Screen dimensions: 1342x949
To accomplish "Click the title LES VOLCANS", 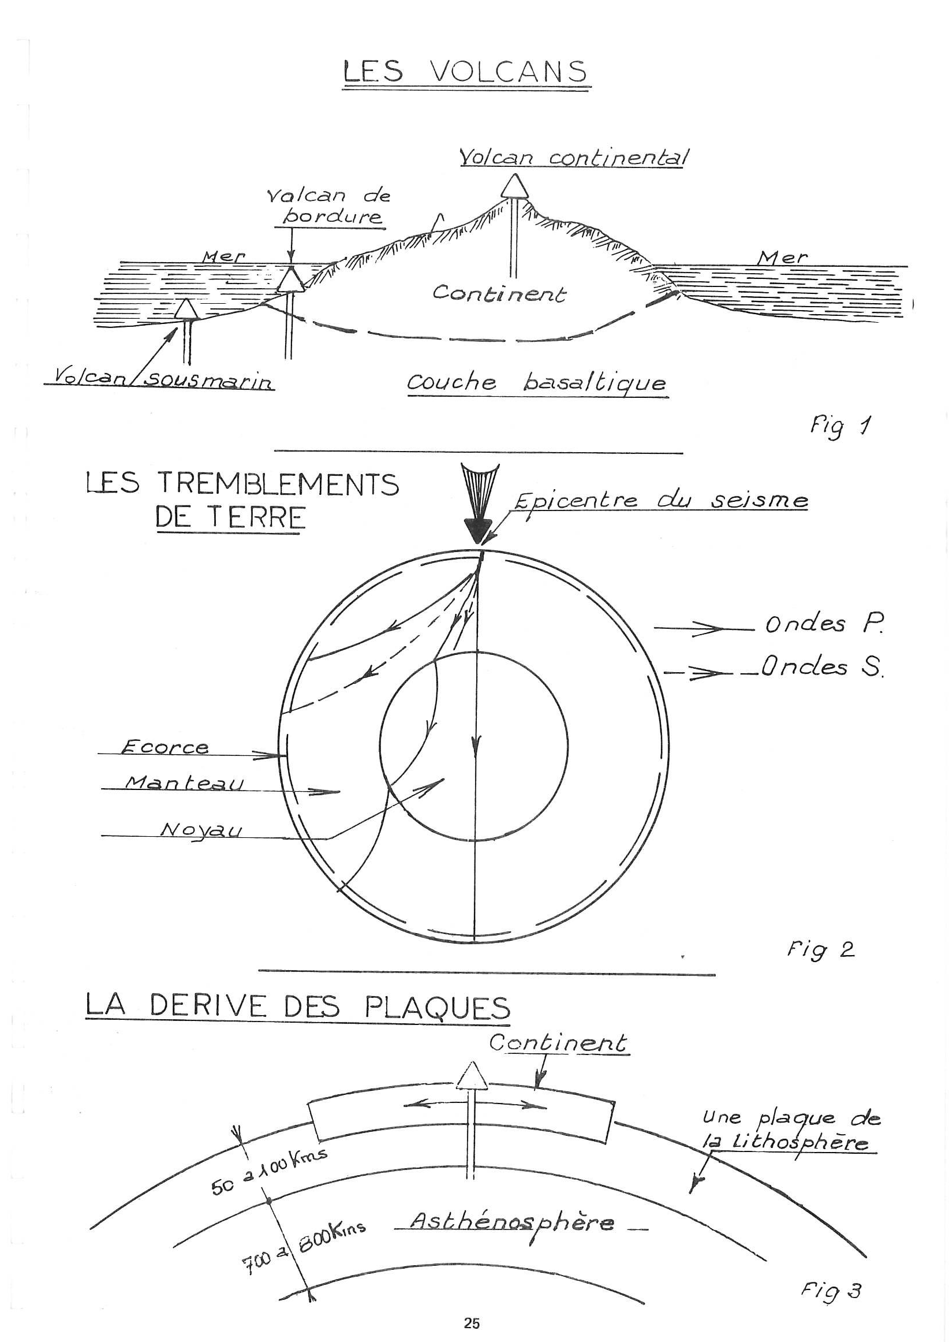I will tap(466, 71).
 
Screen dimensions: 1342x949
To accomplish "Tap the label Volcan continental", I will tap(573, 157).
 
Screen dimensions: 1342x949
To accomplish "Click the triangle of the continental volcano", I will tap(515, 186).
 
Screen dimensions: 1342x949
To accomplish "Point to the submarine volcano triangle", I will tap(186, 310).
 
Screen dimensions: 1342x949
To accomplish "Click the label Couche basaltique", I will tap(536, 383).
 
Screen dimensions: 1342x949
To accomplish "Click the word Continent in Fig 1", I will tap(499, 293).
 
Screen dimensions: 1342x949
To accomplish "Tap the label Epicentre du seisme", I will tap(660, 501).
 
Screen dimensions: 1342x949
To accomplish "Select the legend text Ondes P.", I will tap(824, 624).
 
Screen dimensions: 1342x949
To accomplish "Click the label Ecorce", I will tap(164, 747).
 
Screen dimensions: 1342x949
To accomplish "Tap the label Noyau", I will tap(200, 829).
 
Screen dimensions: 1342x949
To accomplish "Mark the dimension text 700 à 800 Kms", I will tap(304, 1243).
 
